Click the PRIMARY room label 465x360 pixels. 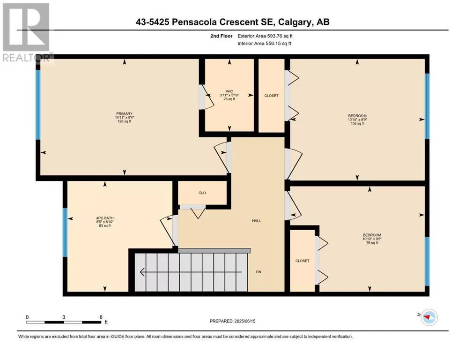tap(124, 113)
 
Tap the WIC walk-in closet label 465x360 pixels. tap(229, 91)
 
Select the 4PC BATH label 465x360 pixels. tap(105, 218)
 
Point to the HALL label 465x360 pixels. tap(257, 221)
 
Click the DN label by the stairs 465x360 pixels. tap(258, 272)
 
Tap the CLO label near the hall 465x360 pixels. tap(202, 193)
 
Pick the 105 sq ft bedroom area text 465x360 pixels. tap(357, 123)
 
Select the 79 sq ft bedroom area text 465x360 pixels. tap(372, 243)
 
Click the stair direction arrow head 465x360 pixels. tap(142, 272)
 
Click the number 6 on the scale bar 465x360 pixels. tap(101, 317)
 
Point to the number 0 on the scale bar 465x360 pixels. tap(27, 317)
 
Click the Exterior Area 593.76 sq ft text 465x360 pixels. tap(265, 36)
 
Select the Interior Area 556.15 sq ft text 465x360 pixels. tap(264, 43)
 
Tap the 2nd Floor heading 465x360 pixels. tap(221, 36)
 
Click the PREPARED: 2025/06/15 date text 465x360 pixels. tap(232, 321)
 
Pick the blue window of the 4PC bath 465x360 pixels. tap(65, 232)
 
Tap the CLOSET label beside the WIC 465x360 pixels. tap(271, 96)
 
